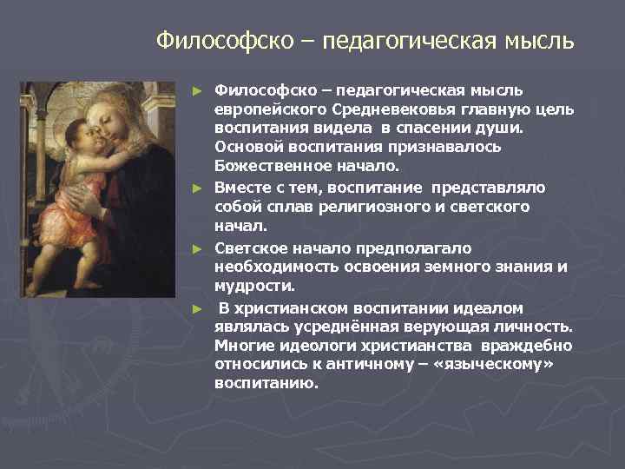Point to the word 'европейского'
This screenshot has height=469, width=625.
(x=270, y=109)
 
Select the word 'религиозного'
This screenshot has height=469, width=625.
(x=373, y=207)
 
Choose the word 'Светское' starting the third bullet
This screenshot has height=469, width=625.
(x=250, y=248)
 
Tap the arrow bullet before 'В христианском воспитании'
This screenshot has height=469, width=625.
(x=198, y=309)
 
